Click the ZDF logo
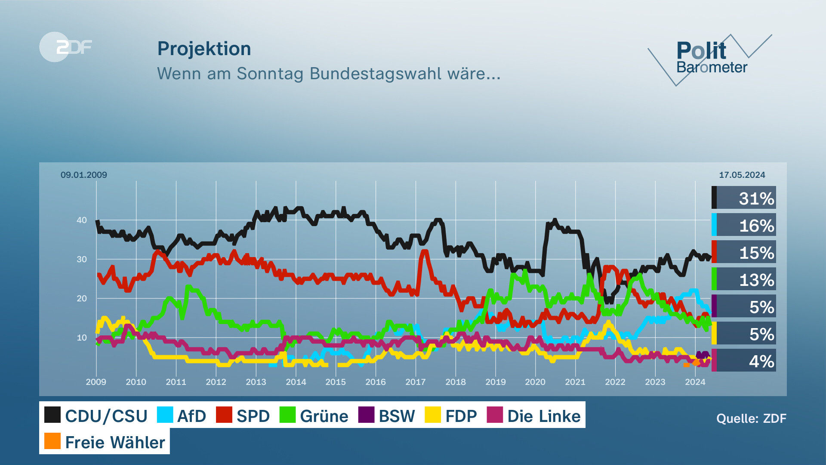tap(66, 47)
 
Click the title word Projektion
tap(204, 49)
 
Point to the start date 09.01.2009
tap(84, 175)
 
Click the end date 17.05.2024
tap(742, 175)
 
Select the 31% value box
tap(745, 198)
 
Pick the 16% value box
tap(745, 225)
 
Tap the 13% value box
tap(745, 279)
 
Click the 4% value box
tap(745, 361)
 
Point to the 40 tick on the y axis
tap(82, 220)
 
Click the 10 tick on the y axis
tap(82, 338)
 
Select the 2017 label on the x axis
tap(415, 382)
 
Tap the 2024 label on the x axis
tap(695, 382)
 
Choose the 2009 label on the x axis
tap(96, 382)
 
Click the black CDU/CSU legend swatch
tap(52, 415)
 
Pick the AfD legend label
tap(191, 416)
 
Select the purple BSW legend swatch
tap(366, 415)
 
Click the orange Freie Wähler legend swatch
tap(52, 441)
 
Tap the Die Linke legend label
tap(544, 416)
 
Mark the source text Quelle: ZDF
tap(751, 418)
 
